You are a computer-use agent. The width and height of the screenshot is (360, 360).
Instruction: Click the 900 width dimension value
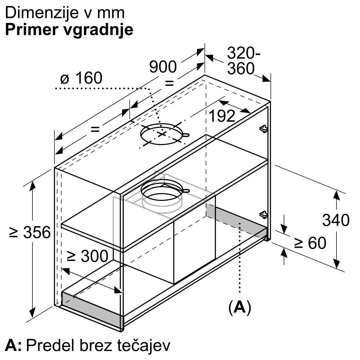[x=163, y=67]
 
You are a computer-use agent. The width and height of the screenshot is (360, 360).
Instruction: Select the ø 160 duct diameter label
[x=81, y=78]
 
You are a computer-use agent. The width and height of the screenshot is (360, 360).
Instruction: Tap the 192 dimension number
[x=222, y=116]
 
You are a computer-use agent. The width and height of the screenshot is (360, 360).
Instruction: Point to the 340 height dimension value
[x=336, y=220]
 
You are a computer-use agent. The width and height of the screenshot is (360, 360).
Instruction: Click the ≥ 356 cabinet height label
[x=30, y=232]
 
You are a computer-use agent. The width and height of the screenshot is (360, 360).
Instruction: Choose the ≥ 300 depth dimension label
[x=87, y=256]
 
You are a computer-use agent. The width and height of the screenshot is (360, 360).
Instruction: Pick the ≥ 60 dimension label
[x=310, y=243]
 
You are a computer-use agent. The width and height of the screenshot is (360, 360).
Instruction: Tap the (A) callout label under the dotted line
[x=240, y=307]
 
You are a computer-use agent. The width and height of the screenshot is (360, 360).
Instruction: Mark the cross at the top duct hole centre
[x=162, y=134]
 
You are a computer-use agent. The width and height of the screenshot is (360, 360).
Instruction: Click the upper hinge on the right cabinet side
[x=264, y=129]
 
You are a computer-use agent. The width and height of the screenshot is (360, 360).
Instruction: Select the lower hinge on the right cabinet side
[x=264, y=215]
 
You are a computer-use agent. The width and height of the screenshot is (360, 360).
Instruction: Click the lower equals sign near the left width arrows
[x=95, y=129]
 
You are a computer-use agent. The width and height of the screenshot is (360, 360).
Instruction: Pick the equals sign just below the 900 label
[x=170, y=83]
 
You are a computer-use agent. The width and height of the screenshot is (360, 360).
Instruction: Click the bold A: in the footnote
[x=13, y=345]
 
